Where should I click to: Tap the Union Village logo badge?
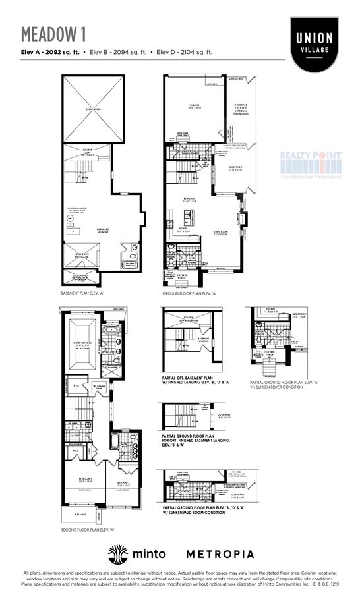[315, 44]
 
